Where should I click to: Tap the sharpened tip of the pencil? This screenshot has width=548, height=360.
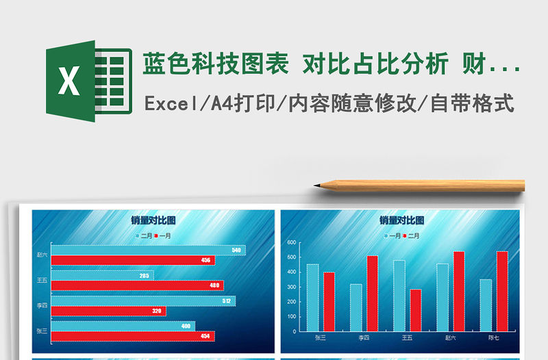coord(317,185)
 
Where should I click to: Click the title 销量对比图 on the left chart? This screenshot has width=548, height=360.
coord(153,220)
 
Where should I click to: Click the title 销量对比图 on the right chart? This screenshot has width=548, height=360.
coord(402,220)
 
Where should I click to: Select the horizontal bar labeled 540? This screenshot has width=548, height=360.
coord(147,250)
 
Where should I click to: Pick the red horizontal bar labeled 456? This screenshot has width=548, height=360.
coord(134,261)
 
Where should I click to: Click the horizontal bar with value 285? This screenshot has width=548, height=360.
coord(103,276)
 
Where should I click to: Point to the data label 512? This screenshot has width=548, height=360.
coord(227,300)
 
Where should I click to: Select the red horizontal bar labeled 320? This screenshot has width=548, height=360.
coord(110,311)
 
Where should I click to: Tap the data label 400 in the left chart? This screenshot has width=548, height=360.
coord(186,326)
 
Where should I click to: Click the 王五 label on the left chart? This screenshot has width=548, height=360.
coord(42,280)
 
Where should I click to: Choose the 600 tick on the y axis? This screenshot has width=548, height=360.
coord(291,243)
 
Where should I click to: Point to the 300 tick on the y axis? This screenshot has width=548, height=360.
coord(291,287)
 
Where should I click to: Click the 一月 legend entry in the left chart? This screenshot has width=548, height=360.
coord(164,235)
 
